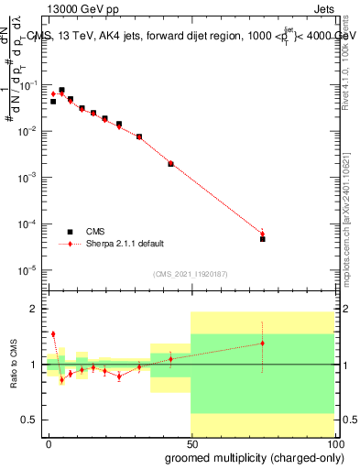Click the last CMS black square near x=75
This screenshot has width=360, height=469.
point(262,238)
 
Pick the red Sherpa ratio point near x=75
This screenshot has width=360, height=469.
point(262,344)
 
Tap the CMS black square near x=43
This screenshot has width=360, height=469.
point(171,164)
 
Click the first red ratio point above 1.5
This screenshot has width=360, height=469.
point(53,334)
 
